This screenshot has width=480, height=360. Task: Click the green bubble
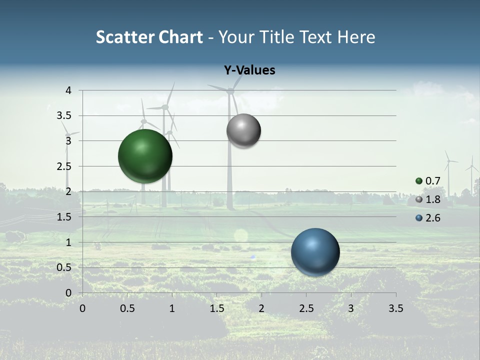pyautogui.click(x=145, y=156)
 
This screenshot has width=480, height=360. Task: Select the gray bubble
pyautogui.click(x=243, y=131)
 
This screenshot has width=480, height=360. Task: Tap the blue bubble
pyautogui.click(x=315, y=252)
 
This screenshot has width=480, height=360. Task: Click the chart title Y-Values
pyautogui.click(x=249, y=70)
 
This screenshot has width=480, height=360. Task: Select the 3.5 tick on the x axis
pyautogui.click(x=395, y=308)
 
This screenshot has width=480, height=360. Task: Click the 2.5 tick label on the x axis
pyautogui.click(x=306, y=308)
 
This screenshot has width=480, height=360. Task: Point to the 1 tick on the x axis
pyautogui.click(x=172, y=308)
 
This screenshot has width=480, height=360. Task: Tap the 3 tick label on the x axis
pyautogui.click(x=351, y=308)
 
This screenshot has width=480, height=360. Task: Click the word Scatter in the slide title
pyautogui.click(x=124, y=37)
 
